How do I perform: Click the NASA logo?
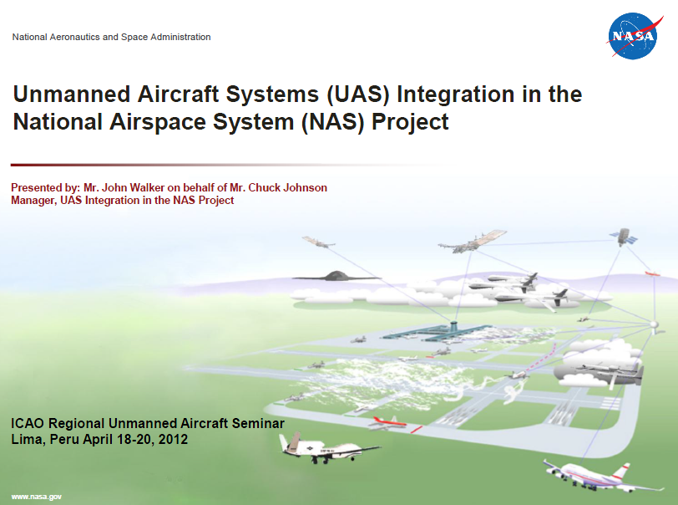634,36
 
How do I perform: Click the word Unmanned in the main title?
72,94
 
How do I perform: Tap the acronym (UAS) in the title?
358,94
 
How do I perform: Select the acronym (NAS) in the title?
332,122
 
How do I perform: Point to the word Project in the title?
410,122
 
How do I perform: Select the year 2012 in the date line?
173,439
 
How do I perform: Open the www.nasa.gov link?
37,497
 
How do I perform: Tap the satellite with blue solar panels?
624,237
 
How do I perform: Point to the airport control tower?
453,325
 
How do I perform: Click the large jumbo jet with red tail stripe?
601,477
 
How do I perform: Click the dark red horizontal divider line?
225,165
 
